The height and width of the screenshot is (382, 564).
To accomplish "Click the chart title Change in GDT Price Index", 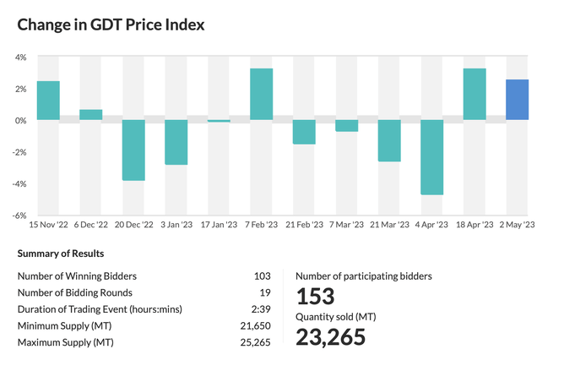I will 111,25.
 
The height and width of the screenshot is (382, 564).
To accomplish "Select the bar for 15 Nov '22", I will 48,101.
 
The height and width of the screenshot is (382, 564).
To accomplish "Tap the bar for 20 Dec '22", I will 133,150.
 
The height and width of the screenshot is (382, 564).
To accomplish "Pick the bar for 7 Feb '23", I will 261,94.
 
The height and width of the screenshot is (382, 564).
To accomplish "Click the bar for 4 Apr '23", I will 431,157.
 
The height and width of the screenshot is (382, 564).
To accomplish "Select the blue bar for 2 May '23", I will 517,100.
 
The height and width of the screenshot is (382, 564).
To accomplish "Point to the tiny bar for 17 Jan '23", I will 219,121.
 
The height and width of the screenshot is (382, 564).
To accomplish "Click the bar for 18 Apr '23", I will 475,94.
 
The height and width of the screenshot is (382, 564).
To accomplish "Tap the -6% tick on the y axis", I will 20,216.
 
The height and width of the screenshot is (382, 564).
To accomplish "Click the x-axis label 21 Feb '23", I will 304,226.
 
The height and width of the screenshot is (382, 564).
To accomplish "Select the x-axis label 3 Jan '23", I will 176,226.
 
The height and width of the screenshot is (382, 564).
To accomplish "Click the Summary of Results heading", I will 61,253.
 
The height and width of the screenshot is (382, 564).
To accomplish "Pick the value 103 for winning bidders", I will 262,276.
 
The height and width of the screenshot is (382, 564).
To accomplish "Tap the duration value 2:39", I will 261,309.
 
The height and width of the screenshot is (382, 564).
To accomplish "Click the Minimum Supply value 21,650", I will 255,325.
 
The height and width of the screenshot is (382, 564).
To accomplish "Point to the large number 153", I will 315,296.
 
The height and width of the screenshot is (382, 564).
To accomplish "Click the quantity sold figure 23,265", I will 330,337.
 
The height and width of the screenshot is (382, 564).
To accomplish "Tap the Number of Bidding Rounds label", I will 74,292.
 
